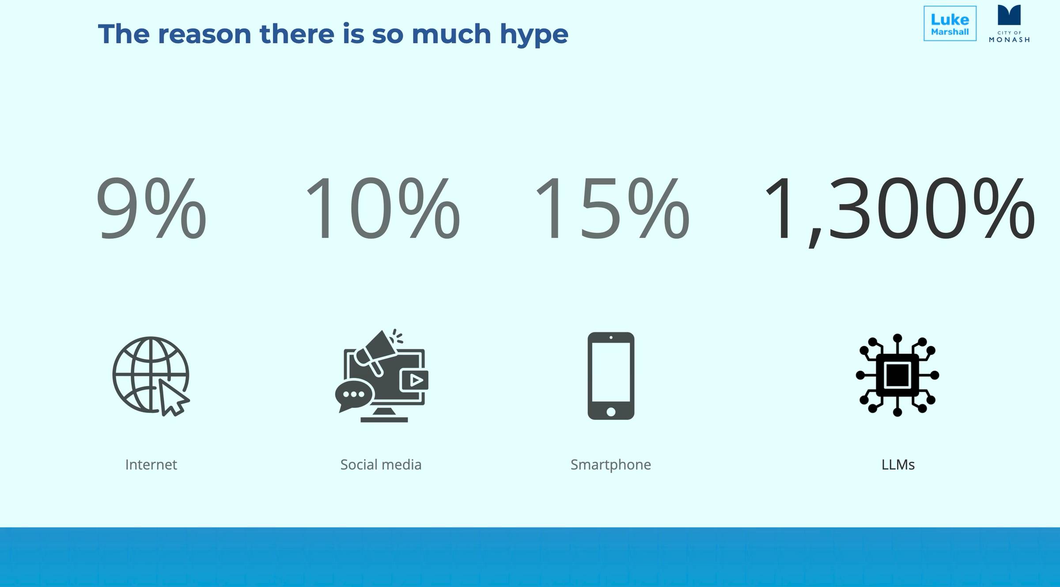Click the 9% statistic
click(x=151, y=208)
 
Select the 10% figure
click(x=382, y=208)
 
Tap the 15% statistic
click(x=612, y=208)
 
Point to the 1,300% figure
click(x=899, y=210)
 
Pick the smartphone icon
click(x=611, y=376)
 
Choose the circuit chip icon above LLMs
click(x=897, y=375)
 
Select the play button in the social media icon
click(x=414, y=380)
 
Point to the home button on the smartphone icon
click(x=611, y=412)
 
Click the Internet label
click(x=151, y=465)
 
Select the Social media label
click(x=381, y=465)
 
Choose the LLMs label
click(x=898, y=465)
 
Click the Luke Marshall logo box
click(x=950, y=23)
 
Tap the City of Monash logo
click(x=1009, y=23)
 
